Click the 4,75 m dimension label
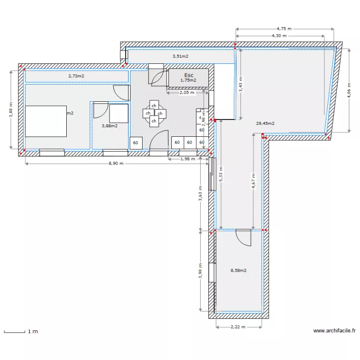[x=284, y=29]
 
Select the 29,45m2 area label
[x=265, y=123]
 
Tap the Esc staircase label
[x=189, y=75]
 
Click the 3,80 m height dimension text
[x=11, y=109]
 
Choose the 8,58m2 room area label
[x=239, y=271]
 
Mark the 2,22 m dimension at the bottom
[x=239, y=327]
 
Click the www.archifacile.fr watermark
[x=335, y=331]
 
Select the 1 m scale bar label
[x=33, y=332]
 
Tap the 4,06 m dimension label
[x=349, y=90]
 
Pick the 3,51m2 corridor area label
[x=180, y=56]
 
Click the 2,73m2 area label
[x=76, y=76]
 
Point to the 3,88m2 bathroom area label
[x=109, y=126]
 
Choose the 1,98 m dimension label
[x=187, y=159]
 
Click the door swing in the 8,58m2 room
[x=243, y=237]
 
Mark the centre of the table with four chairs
[x=154, y=113]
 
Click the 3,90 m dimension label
[x=200, y=270]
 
